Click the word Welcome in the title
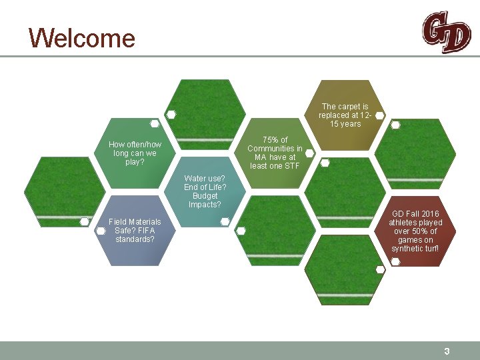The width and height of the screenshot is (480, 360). coord(82,38)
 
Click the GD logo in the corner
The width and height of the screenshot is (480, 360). coord(445,31)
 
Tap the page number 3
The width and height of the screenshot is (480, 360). coord(447,351)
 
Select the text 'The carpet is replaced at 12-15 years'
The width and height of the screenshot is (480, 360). coord(344,115)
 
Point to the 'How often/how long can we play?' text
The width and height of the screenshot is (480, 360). coord(135,153)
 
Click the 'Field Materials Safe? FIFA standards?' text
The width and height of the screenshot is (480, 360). coord(135,230)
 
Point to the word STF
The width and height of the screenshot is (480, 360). coord(291,166)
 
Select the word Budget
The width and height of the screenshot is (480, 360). coord(205,196)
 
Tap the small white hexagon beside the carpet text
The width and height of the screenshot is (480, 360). coord(379,115)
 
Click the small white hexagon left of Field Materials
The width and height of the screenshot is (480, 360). coord(101,231)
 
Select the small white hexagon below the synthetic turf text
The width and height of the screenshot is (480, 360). coord(395,261)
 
